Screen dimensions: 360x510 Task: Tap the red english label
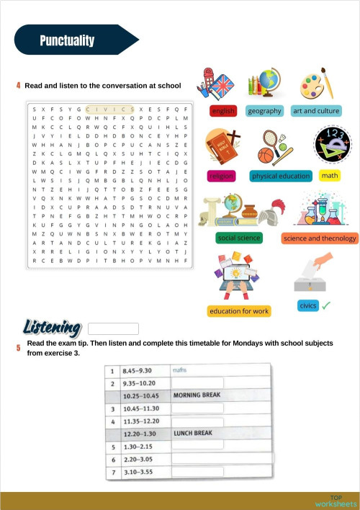click(223, 111)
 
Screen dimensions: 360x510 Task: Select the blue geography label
click(264, 111)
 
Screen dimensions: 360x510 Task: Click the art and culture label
click(316, 111)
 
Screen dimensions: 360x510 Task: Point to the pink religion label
click(220, 176)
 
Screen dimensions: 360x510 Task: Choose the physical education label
click(281, 176)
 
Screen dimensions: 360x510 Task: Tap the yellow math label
click(330, 176)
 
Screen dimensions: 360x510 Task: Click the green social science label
click(239, 238)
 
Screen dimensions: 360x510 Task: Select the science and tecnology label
click(320, 238)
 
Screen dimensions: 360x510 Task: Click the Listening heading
click(51, 328)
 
